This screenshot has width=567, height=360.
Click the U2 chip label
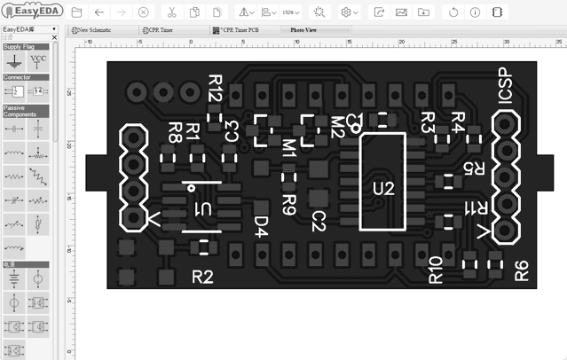pos(382,188)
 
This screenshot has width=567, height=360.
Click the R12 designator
pos(216,89)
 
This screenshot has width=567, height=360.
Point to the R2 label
pos(203,277)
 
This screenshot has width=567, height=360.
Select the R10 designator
pos(436,270)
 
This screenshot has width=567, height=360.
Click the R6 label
pos(522,270)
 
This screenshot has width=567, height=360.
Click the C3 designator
pos(232,131)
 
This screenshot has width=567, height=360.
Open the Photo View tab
pos(305,29)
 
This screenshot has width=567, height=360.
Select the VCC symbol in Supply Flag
pos(38,61)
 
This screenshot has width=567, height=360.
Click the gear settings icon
pos(346,12)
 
